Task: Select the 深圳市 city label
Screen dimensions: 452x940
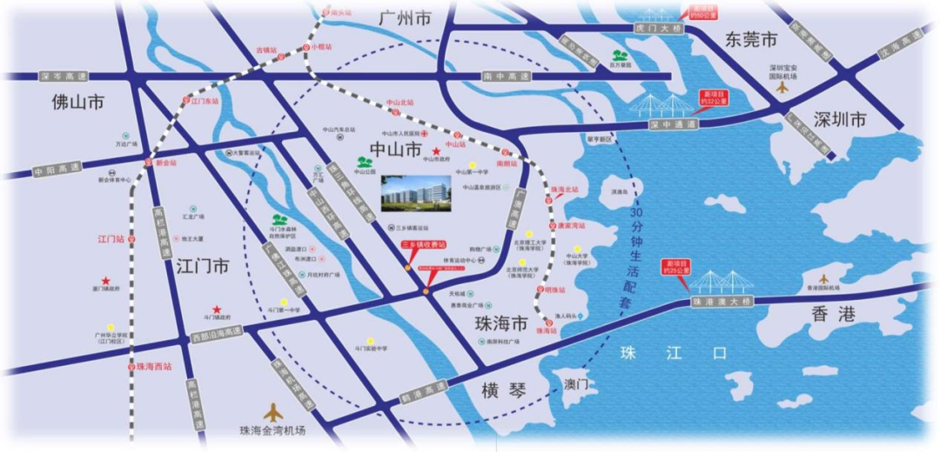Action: pyautogui.click(x=840, y=120)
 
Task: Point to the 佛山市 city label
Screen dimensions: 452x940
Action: pyautogui.click(x=77, y=103)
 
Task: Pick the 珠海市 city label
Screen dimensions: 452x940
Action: pyautogui.click(x=501, y=324)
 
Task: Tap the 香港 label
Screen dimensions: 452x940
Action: pyautogui.click(x=834, y=314)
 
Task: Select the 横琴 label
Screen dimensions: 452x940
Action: pyautogui.click(x=505, y=390)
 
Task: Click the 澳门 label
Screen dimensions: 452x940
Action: pyautogui.click(x=577, y=383)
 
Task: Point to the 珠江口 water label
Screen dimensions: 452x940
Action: pyautogui.click(x=670, y=353)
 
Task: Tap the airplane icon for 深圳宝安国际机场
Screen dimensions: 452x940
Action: pyautogui.click(x=782, y=87)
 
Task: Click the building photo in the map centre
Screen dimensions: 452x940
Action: pyautogui.click(x=416, y=193)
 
